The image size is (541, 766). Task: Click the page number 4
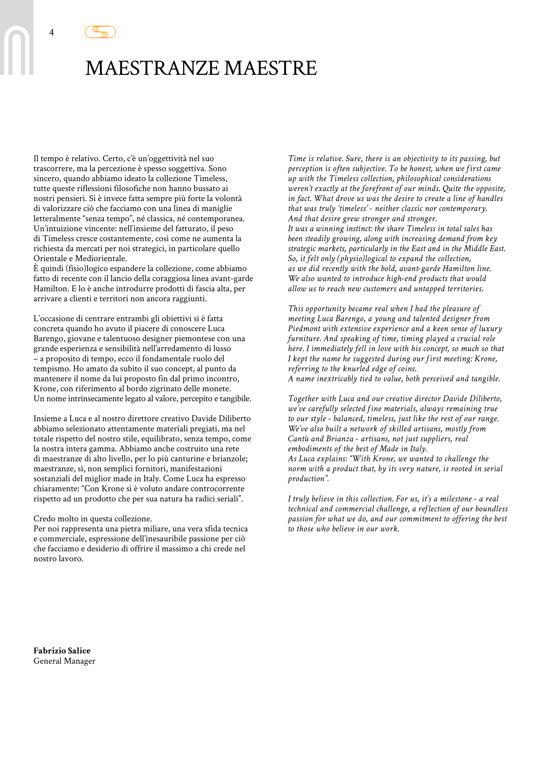tap(51, 32)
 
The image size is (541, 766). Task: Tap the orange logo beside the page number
tap(100, 32)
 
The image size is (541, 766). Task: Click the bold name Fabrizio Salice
tap(62, 651)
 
